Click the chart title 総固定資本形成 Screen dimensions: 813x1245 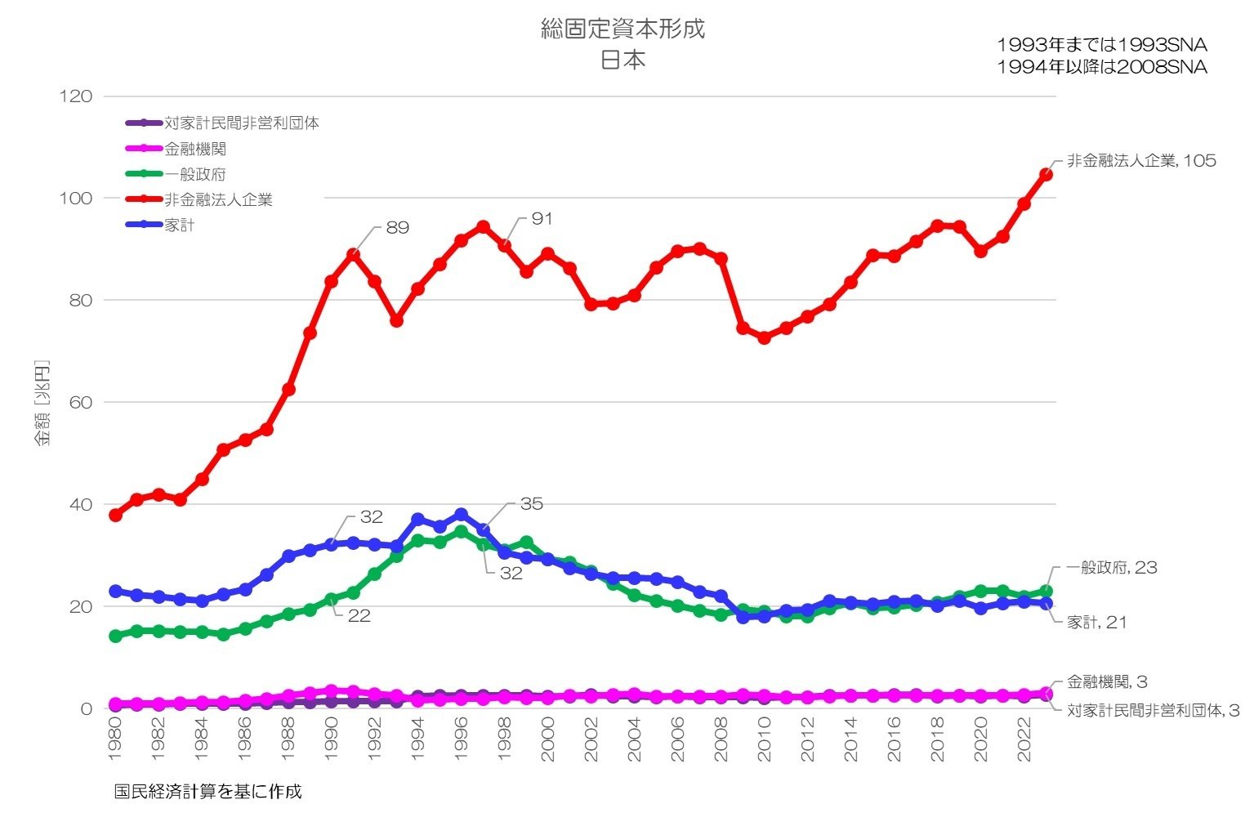click(622, 29)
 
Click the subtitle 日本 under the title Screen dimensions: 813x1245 click(622, 60)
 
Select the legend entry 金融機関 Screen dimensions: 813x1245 click(195, 149)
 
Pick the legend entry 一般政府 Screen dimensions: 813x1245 click(195, 174)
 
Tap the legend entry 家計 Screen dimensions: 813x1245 click(180, 225)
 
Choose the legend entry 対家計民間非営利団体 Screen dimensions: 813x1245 click(241, 123)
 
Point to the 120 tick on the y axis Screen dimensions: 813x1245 click(76, 96)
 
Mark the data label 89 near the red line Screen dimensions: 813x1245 click(397, 228)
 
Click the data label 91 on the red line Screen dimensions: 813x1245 click(542, 219)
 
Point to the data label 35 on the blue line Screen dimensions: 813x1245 click(531, 504)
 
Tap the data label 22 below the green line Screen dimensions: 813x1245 click(359, 616)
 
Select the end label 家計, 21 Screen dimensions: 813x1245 click(1096, 623)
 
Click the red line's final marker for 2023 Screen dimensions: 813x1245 click(1046, 175)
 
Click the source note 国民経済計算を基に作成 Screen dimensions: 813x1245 click(207, 792)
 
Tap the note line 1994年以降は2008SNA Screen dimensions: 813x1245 click(1101, 68)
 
